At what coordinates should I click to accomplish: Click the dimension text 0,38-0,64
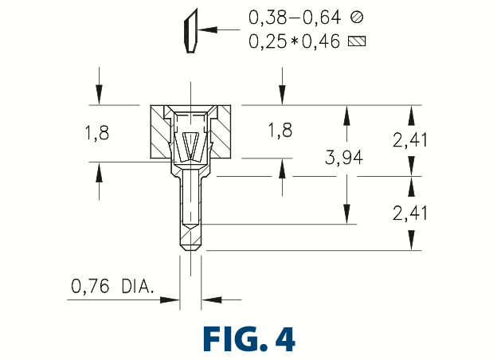(294, 16)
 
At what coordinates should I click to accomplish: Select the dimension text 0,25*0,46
(293, 41)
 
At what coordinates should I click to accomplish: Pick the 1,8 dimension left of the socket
(97, 133)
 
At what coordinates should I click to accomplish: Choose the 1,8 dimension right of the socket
(280, 131)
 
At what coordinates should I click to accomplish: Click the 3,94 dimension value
(345, 158)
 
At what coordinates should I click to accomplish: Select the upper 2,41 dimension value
(412, 140)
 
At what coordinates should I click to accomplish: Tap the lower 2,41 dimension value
(412, 213)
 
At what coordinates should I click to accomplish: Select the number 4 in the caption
(285, 338)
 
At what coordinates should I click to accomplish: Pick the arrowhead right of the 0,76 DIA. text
(169, 299)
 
